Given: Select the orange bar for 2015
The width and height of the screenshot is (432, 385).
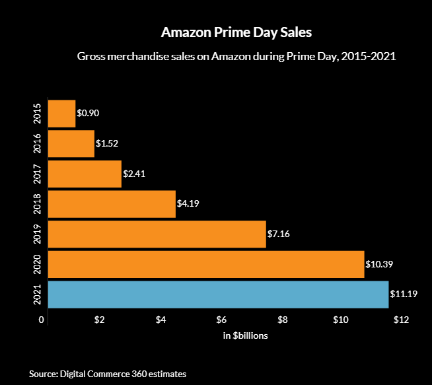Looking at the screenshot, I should [x=62, y=114].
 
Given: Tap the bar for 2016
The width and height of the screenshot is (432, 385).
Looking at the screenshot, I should [x=71, y=143].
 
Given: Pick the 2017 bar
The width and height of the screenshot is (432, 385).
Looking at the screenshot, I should [x=85, y=174].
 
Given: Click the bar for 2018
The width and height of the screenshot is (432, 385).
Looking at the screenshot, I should [x=112, y=204].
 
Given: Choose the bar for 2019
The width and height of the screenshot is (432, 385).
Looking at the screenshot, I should [x=157, y=234].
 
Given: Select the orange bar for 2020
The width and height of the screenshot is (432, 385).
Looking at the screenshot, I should [x=206, y=264].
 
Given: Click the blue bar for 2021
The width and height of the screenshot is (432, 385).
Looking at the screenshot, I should [x=219, y=295].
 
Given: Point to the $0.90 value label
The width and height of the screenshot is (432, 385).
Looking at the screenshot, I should [x=88, y=114].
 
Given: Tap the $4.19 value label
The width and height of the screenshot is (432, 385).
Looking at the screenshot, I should [x=188, y=204].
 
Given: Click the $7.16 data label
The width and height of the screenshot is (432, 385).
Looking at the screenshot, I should [x=278, y=234].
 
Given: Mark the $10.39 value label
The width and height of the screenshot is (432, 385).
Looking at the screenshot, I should [x=379, y=264].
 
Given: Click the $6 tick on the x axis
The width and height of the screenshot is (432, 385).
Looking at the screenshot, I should [x=221, y=320].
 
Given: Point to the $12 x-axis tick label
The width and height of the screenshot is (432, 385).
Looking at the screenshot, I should [x=401, y=320].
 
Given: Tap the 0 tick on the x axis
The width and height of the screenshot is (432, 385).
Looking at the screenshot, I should [x=42, y=320].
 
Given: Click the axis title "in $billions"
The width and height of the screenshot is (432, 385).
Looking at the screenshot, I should [x=245, y=336].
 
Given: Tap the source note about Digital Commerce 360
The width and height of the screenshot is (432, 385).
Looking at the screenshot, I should [x=108, y=374].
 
